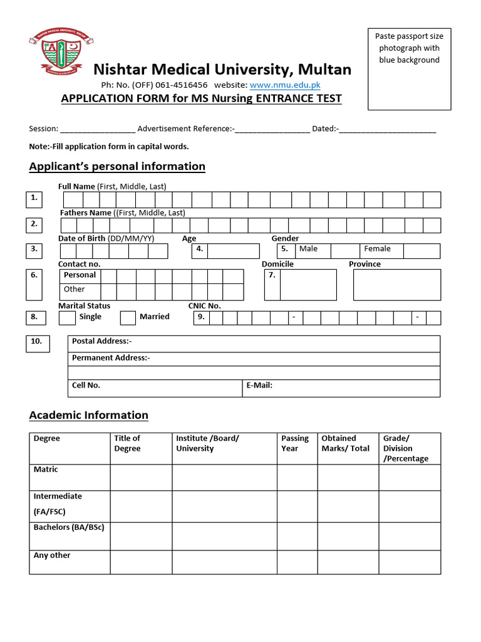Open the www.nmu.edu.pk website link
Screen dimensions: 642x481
[x=285, y=85]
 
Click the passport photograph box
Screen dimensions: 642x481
[x=409, y=69]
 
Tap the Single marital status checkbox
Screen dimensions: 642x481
[x=67, y=317]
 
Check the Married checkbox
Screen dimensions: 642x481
[x=128, y=317]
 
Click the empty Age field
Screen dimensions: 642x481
[x=232, y=251]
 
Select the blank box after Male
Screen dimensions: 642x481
[x=344, y=251]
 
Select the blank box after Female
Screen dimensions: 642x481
[x=421, y=251]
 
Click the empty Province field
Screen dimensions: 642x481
[x=396, y=285]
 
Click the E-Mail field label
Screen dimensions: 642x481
[x=259, y=386]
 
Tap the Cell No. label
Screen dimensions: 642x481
[x=86, y=386]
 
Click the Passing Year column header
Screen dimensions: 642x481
[x=295, y=443]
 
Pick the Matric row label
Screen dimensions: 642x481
[x=46, y=470]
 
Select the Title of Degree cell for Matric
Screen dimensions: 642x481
[x=141, y=477]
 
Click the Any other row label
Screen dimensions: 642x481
[x=52, y=555]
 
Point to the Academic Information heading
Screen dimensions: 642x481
[x=89, y=415]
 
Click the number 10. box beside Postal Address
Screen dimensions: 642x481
[x=38, y=343]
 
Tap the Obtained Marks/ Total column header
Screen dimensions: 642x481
[x=345, y=443]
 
